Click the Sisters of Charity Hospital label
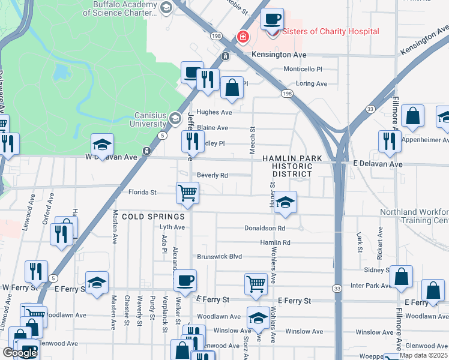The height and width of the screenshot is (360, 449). (x=330, y=32)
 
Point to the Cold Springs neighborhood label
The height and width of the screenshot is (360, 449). (x=145, y=216)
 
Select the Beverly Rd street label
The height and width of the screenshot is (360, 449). (x=212, y=176)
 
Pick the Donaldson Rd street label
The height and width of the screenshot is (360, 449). (x=264, y=228)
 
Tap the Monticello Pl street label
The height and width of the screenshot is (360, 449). (x=303, y=70)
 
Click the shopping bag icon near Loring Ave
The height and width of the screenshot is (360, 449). (x=232, y=88)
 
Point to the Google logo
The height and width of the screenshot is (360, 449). (x=20, y=353)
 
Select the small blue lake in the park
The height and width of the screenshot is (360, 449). (x=61, y=73)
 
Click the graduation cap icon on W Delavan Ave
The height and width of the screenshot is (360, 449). (x=102, y=145)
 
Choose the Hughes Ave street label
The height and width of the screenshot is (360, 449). (x=214, y=112)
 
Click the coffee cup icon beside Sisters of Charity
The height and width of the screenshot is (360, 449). (x=272, y=19)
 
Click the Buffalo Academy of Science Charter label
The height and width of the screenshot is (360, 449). (x=125, y=8)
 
